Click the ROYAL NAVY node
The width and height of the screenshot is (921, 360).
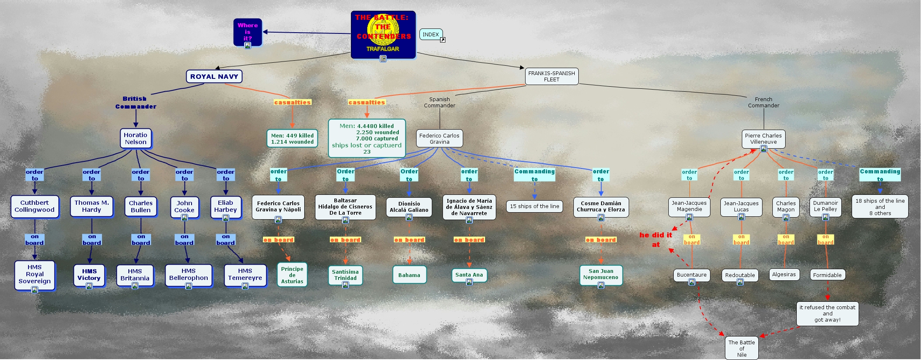point(214,76)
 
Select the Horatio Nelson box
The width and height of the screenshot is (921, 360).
point(135,138)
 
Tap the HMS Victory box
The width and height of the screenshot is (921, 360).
point(89,275)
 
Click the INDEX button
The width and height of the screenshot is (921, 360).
point(431,35)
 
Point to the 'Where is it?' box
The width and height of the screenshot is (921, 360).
point(247,32)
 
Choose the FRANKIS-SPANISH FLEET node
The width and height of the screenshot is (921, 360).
point(552,76)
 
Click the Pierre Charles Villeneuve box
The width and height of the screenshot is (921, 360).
point(763,138)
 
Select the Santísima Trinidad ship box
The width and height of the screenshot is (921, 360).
point(345,275)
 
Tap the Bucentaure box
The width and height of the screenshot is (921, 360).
point(691,275)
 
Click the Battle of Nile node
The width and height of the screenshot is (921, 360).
point(741,348)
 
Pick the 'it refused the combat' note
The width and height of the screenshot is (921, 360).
point(827,313)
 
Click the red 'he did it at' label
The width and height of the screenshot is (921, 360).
point(656,239)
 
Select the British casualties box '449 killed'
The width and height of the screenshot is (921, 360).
point(292,138)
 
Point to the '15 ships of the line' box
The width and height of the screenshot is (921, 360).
point(534,206)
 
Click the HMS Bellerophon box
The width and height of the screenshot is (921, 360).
point(189,275)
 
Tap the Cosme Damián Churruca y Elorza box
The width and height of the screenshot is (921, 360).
point(601,206)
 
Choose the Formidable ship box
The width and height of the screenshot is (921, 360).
point(827,275)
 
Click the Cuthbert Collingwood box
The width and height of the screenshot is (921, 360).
point(35,206)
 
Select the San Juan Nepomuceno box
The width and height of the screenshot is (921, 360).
point(601,274)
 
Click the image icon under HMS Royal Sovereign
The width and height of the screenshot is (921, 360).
point(35,290)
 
